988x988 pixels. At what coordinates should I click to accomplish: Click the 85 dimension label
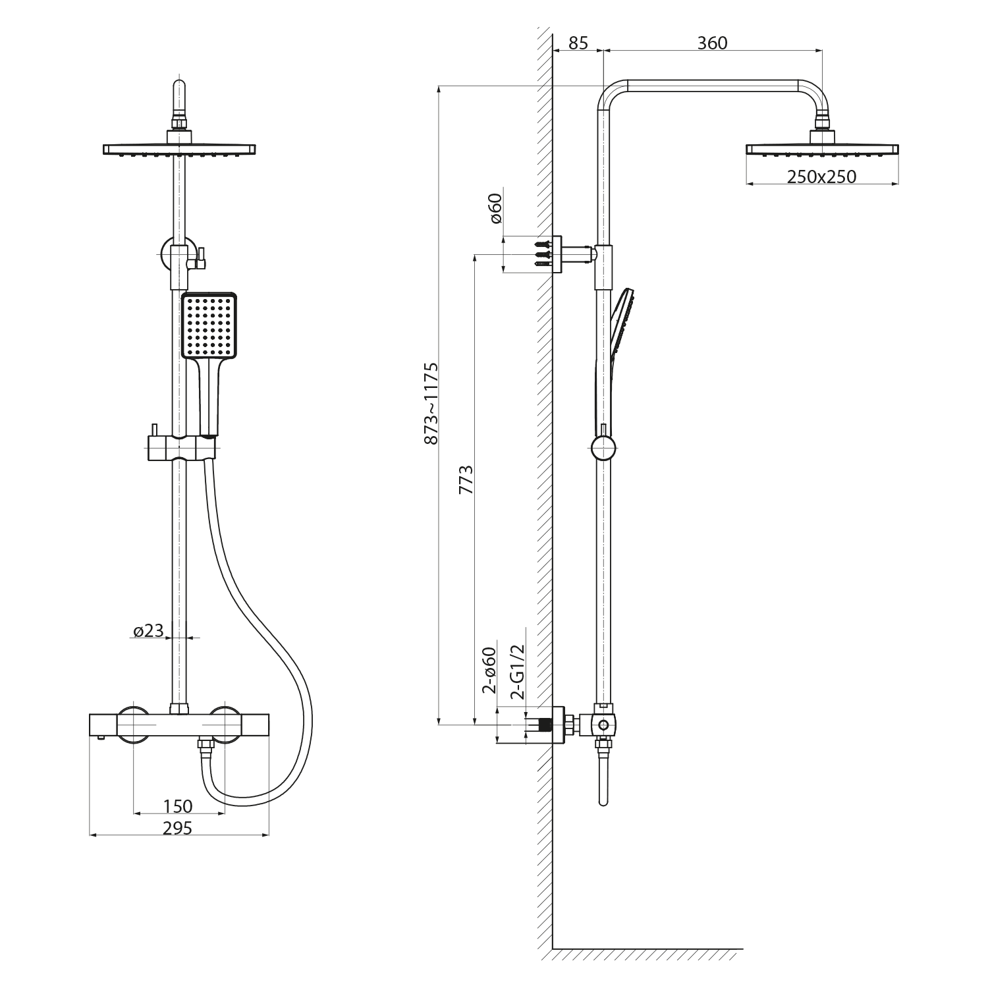point(578,43)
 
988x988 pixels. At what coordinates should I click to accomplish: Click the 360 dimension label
point(712,43)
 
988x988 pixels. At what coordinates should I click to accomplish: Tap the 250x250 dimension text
point(823,177)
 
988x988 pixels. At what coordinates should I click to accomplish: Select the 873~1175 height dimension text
point(431,402)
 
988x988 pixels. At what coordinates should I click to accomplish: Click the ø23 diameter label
point(148,631)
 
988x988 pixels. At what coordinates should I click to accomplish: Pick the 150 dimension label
point(178,806)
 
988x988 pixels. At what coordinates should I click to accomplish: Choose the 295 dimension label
point(178,828)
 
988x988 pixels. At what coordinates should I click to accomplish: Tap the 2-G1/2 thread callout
point(518,672)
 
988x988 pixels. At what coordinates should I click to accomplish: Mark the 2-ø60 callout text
point(489,671)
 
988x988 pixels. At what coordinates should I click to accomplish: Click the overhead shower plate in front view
point(179,150)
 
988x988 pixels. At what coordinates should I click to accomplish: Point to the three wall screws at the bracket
point(543,253)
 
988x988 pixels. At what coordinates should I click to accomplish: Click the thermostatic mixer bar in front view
point(179,725)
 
